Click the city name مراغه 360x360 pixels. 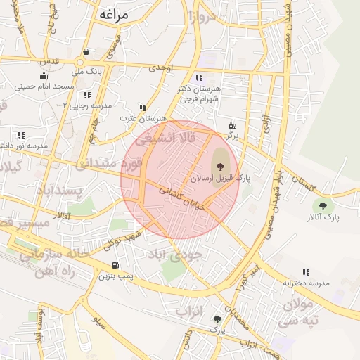tap(117, 14)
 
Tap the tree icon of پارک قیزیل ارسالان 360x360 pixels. tap(221, 166)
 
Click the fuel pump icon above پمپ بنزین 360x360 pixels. tap(115, 266)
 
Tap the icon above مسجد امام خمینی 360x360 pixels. tap(44, 76)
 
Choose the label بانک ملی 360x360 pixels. tap(89, 71)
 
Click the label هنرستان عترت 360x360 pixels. tap(143, 118)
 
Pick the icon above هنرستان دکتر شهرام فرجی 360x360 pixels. tap(199, 77)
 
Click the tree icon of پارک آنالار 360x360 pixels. tap(323, 206)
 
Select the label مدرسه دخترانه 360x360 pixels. tap(306, 283)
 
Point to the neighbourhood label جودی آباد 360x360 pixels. tap(178, 253)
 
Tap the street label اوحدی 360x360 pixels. tap(161, 67)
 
